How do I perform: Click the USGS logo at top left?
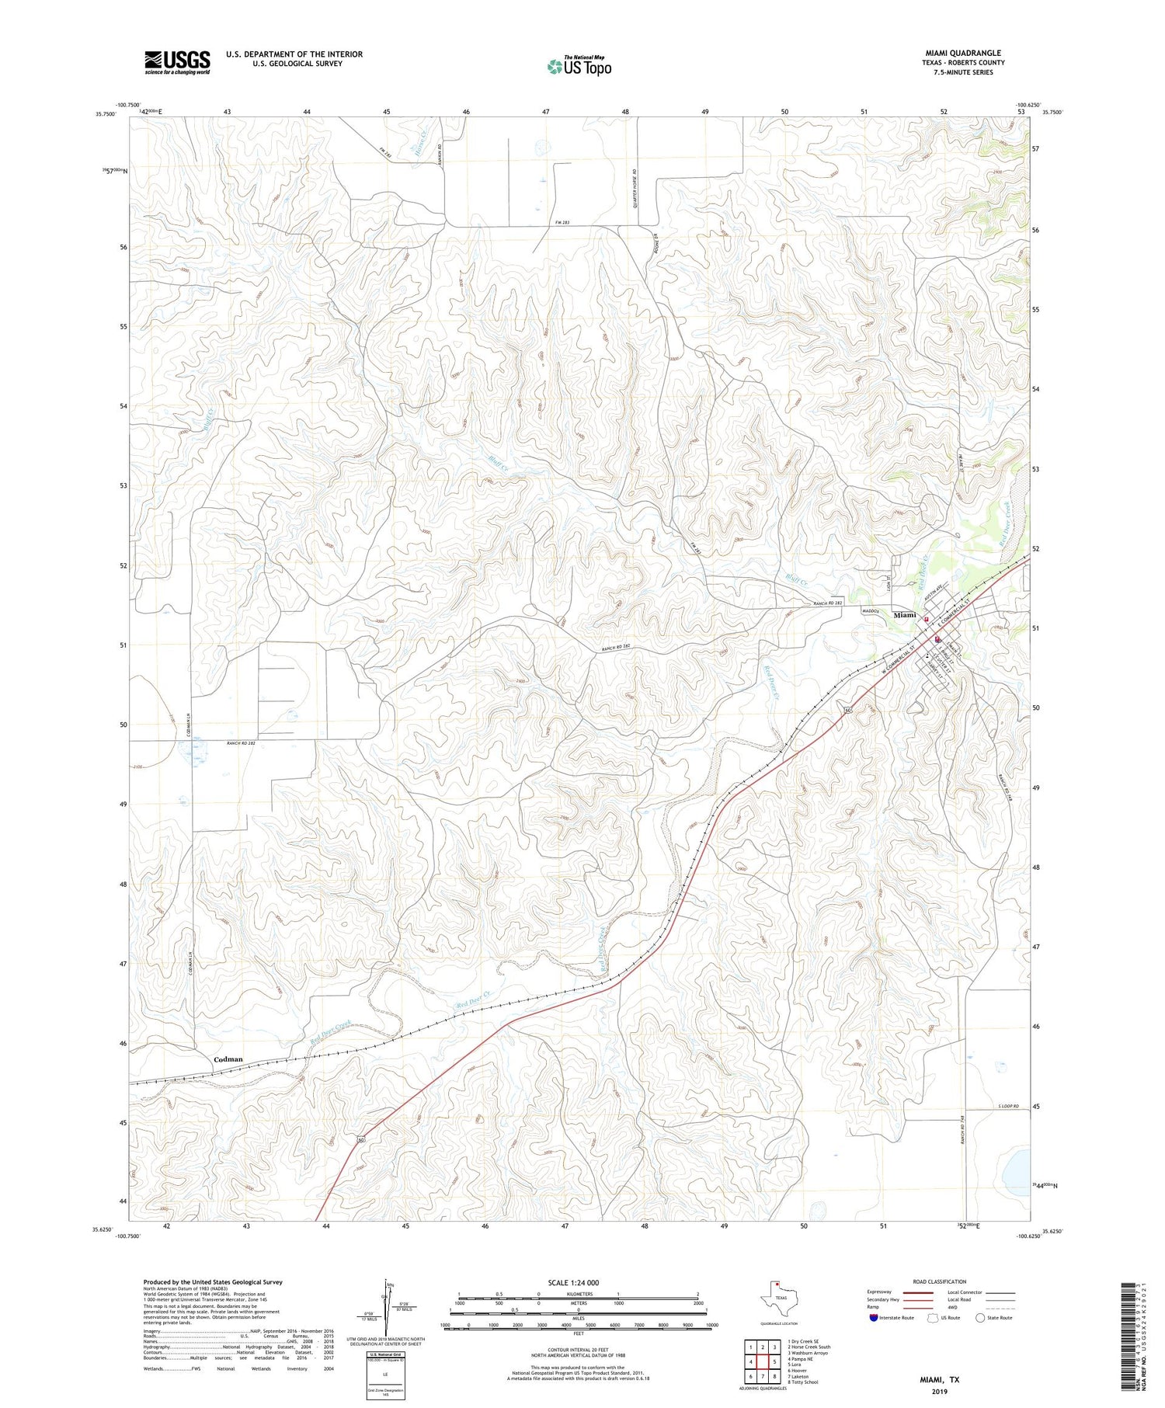[x=177, y=62]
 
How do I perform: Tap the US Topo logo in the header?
[x=579, y=66]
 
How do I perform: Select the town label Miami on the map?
[x=905, y=614]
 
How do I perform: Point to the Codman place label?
[x=228, y=1059]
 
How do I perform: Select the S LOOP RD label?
[x=1007, y=1105]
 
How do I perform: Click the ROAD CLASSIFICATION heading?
[x=940, y=1281]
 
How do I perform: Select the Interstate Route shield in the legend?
[x=875, y=1318]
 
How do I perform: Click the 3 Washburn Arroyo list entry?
[x=808, y=1353]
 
